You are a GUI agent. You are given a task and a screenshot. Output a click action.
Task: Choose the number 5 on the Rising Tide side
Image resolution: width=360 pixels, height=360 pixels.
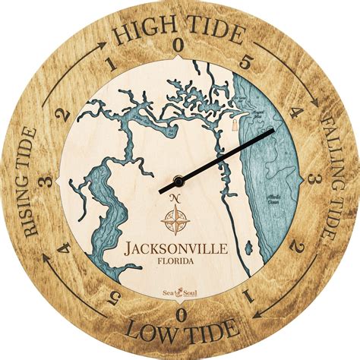pyautogui.click(x=115, y=295)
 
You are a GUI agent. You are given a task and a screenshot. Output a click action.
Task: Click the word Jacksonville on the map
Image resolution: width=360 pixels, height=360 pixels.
pyautogui.click(x=179, y=248)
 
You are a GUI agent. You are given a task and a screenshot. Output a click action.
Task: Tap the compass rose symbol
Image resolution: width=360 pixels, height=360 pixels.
pyautogui.click(x=175, y=219)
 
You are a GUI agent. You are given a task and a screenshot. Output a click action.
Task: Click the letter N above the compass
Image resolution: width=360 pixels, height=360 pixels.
pyautogui.click(x=175, y=199)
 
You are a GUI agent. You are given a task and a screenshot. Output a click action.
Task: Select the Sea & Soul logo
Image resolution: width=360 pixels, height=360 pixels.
pyautogui.click(x=180, y=290)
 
